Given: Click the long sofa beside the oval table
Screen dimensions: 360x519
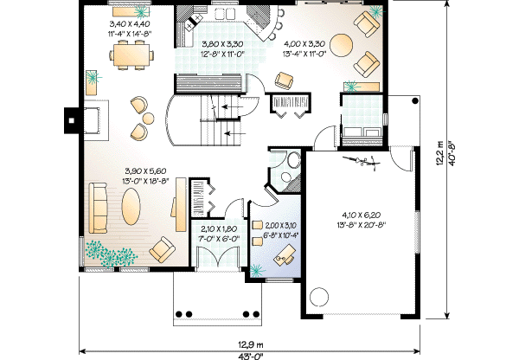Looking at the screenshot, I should click(x=98, y=209).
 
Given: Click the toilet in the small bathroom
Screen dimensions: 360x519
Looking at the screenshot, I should click(x=292, y=161).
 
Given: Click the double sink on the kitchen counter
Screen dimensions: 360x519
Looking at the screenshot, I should click(x=224, y=14).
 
